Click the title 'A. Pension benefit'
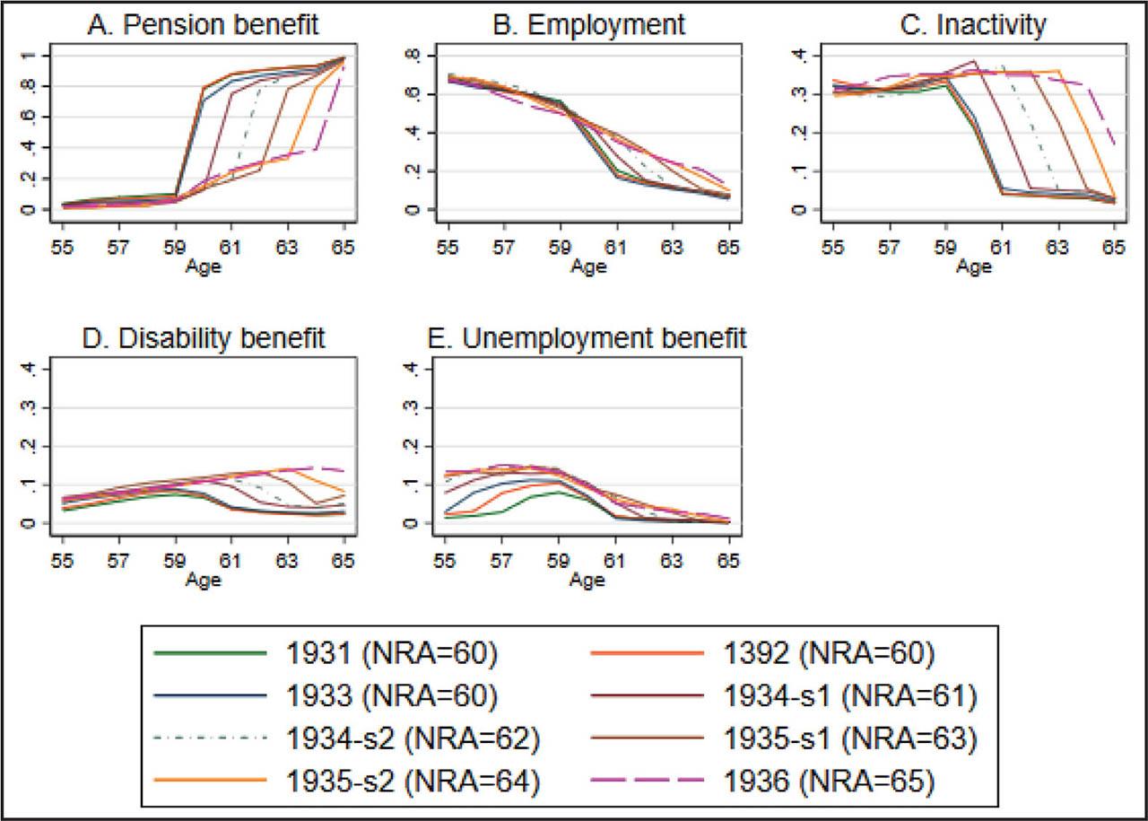pos(203,24)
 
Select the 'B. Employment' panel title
pos(589,24)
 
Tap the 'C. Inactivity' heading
pos(973,24)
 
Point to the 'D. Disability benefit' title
pos(204,338)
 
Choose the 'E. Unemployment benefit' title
pos(587,338)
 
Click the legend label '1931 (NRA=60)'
pos(392,653)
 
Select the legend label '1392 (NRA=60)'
pos(829,653)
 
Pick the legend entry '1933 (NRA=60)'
pos(392,696)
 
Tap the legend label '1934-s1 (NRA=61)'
pos(850,696)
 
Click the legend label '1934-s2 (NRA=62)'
pos(413,739)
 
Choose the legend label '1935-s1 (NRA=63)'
pos(850,739)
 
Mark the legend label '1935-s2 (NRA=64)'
pos(413,782)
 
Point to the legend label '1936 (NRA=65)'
pos(829,782)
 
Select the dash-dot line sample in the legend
pos(210,738)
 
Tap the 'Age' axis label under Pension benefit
pos(204,266)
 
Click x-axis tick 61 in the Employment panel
pos(616,248)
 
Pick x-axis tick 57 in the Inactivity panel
pos(889,248)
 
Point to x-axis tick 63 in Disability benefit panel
pos(287,561)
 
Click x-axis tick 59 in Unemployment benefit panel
pos(558,561)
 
